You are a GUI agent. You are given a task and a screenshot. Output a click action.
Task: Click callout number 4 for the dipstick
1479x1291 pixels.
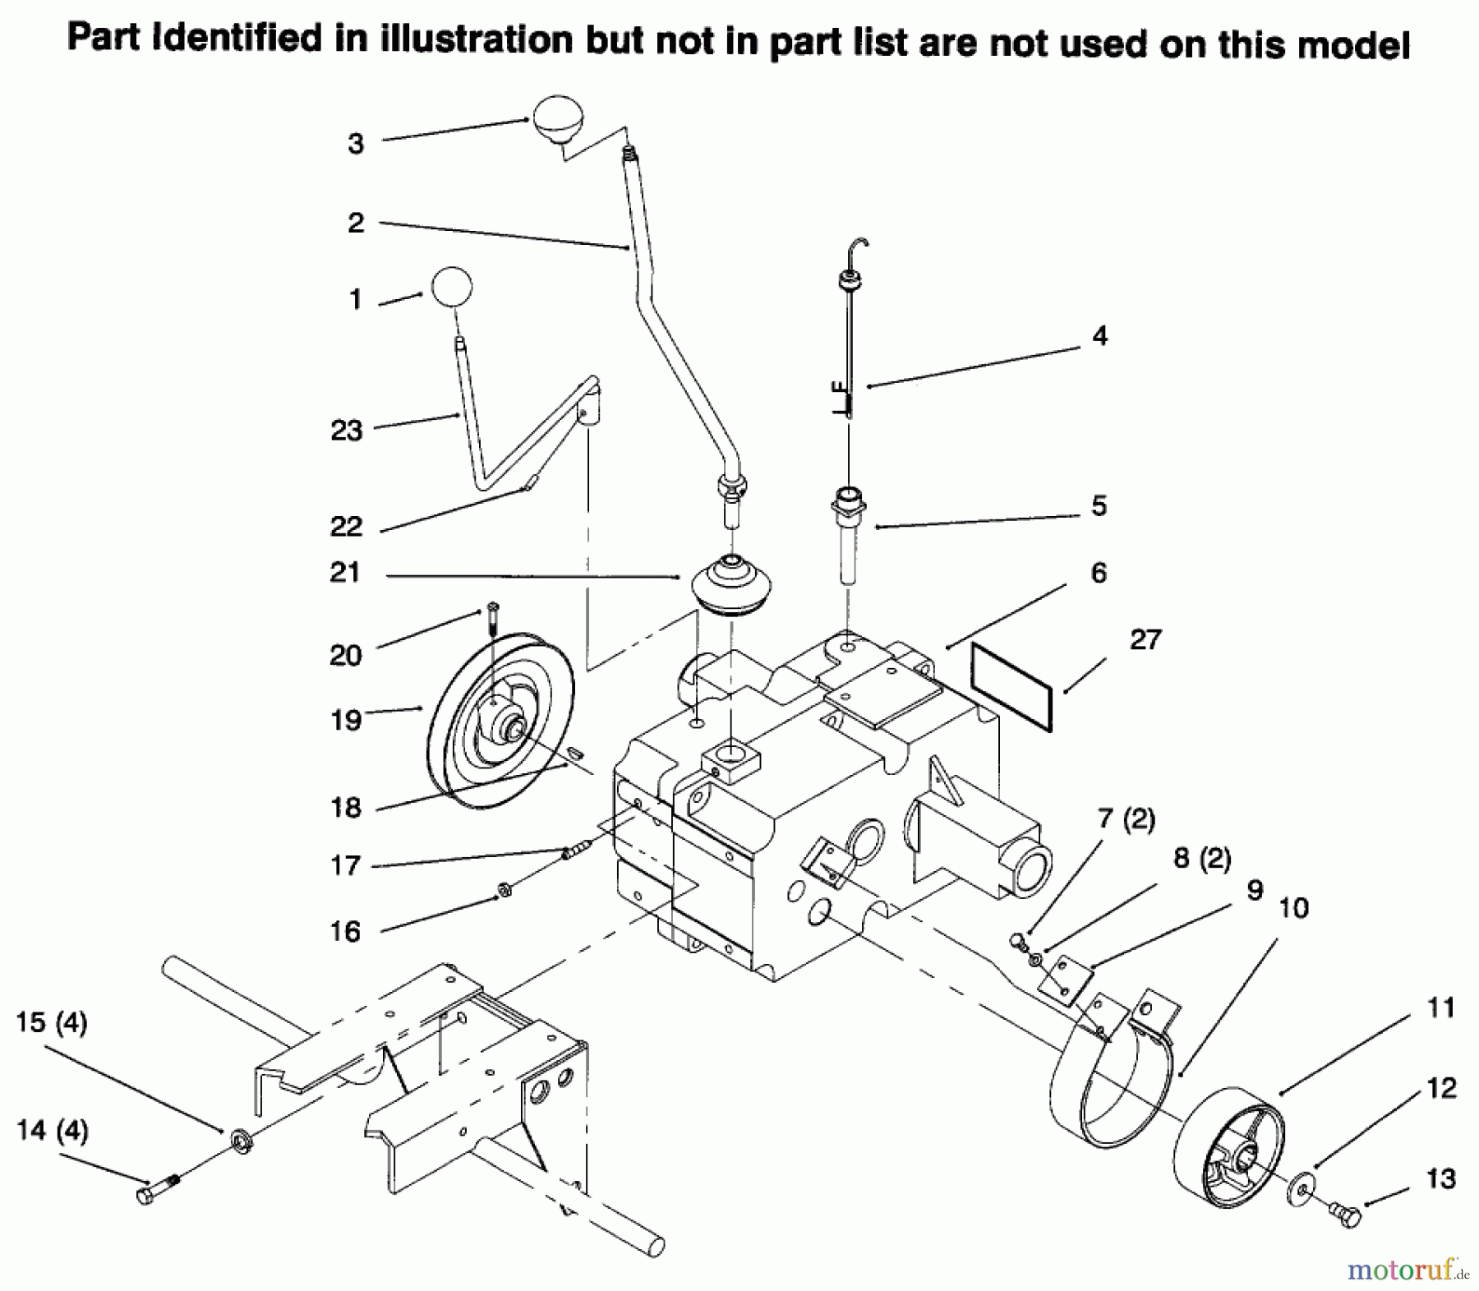coord(1099,335)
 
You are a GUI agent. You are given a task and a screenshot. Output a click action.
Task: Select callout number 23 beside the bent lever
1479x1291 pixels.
coord(346,430)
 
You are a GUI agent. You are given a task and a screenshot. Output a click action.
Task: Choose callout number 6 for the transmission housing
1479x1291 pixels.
coord(1099,572)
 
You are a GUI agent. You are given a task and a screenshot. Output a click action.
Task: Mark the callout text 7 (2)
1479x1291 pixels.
coord(1126,818)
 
